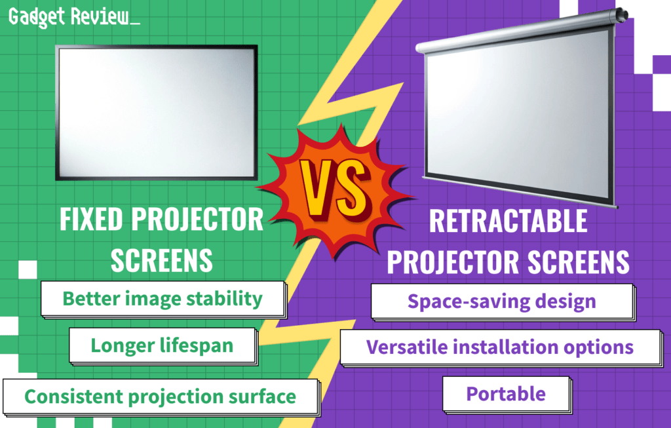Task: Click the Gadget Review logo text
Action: tap(73, 18)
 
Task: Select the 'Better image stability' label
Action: tap(163, 299)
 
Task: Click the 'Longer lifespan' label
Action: tap(162, 345)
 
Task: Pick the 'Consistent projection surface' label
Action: tap(160, 396)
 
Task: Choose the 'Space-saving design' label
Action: tap(501, 302)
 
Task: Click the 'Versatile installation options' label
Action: tap(499, 347)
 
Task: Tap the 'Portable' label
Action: tap(505, 394)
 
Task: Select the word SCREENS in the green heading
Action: tap(161, 260)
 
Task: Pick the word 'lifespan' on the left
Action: tap(197, 345)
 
